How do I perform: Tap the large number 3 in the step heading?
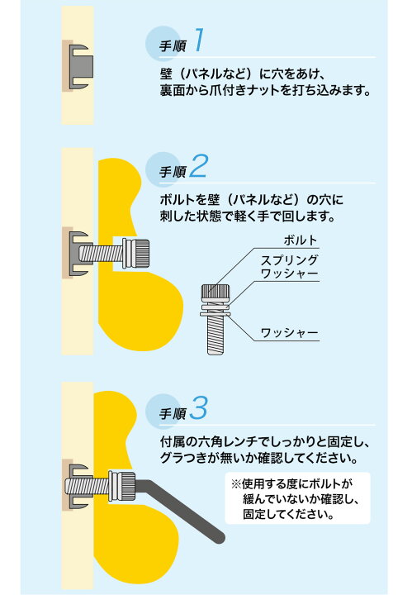tap(200, 407)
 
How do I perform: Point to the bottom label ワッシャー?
tap(289, 334)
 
